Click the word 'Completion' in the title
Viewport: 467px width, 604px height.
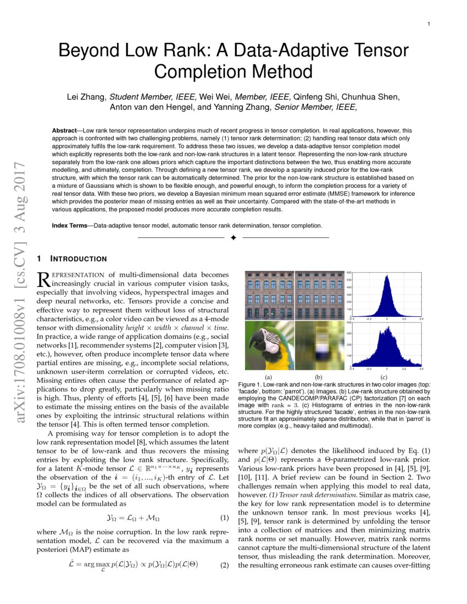[233, 71]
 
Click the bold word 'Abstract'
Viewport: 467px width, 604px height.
[65, 131]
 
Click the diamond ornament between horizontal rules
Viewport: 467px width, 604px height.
[233, 238]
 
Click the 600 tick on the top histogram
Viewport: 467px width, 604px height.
[348, 272]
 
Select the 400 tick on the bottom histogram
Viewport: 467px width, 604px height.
[348, 323]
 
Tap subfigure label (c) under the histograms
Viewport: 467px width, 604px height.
[383, 378]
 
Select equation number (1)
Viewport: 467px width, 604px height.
[224, 518]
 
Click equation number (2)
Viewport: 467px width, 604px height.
[224, 566]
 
